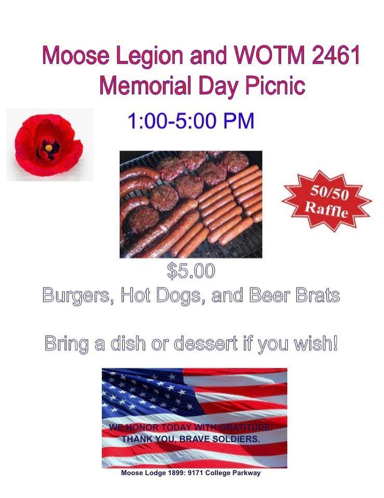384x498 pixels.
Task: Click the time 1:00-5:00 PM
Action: click(x=191, y=122)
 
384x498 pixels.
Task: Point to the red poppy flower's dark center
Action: click(x=49, y=148)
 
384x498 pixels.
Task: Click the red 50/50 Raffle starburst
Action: click(x=326, y=200)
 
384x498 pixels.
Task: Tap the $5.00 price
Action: click(x=191, y=271)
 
